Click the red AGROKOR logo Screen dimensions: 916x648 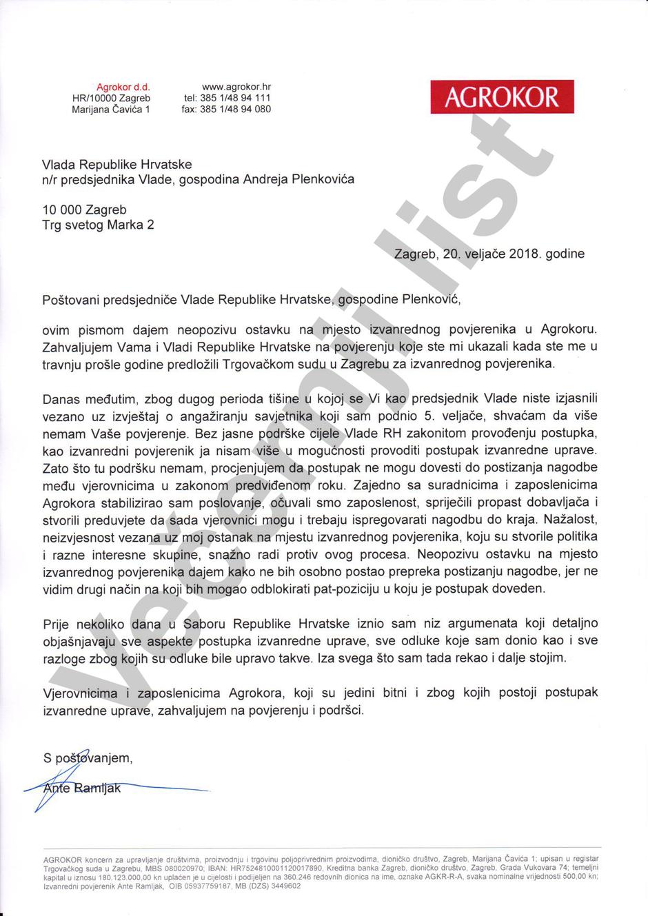502,96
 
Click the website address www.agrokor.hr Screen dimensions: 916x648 236,87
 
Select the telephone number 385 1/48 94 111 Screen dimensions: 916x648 235,98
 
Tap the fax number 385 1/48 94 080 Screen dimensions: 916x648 235,109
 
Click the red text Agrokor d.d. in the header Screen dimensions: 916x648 123,87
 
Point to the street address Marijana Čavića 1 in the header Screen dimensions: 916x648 110,109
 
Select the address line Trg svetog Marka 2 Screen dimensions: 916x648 98,225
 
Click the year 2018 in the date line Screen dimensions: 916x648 524,254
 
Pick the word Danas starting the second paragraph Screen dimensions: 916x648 61,399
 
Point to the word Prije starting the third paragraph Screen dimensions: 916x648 56,624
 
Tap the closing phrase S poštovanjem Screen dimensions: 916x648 87,758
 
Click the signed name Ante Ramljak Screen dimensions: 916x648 81,788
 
